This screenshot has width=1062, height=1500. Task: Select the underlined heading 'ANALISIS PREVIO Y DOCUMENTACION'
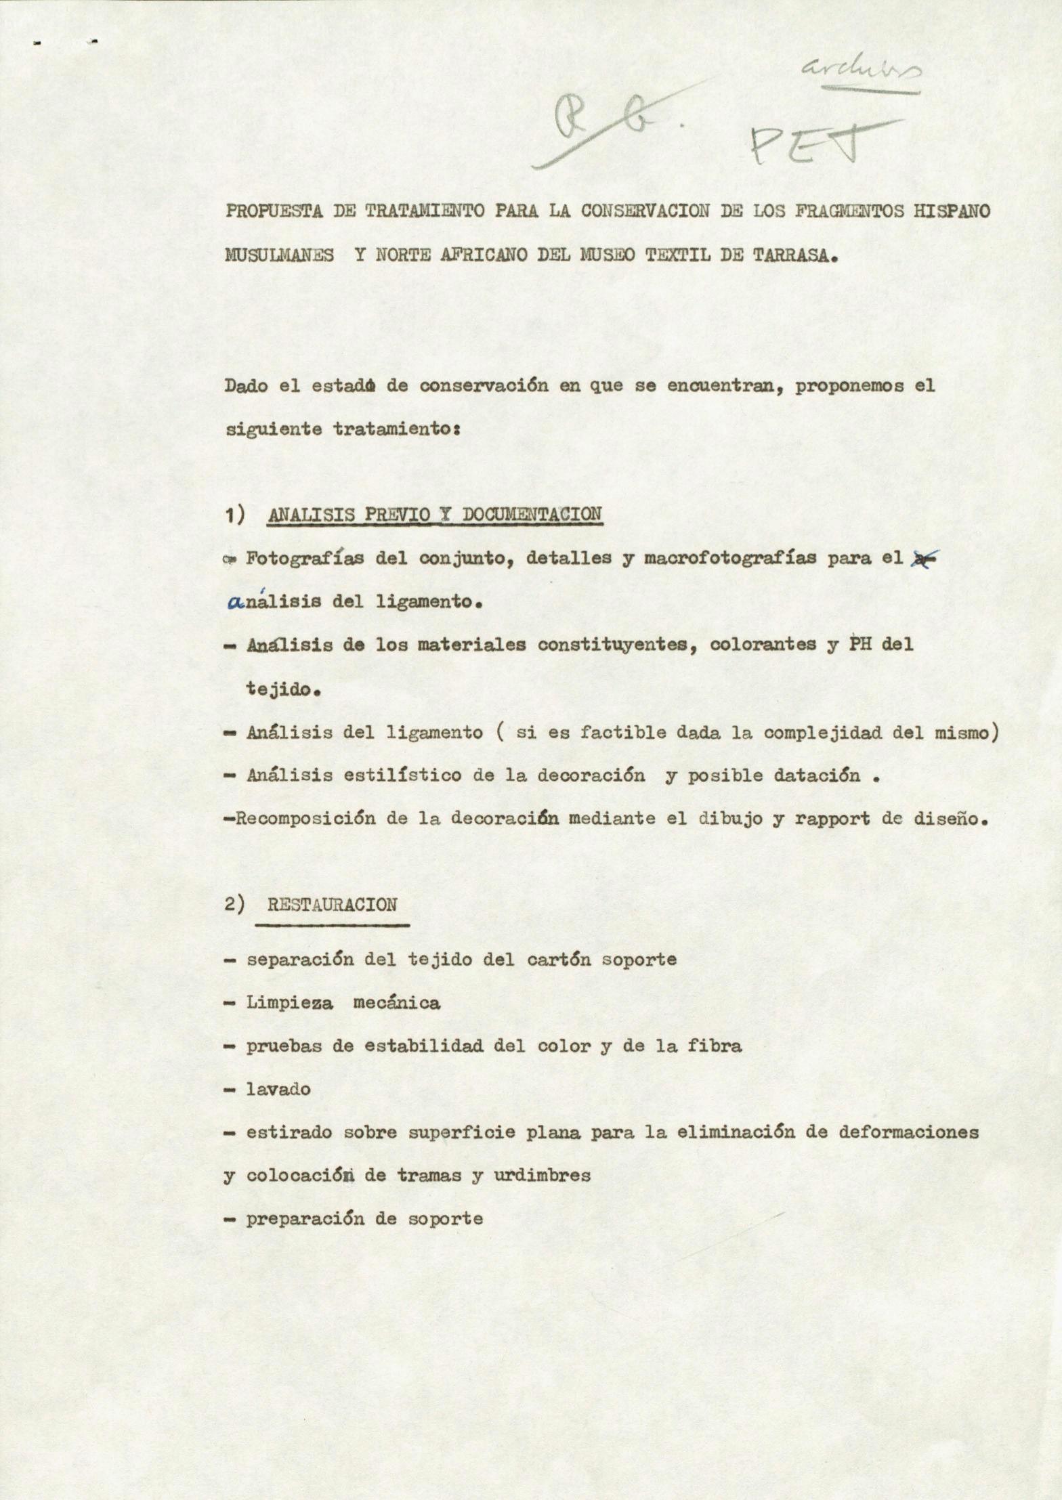(x=434, y=514)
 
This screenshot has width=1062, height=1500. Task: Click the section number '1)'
(x=234, y=515)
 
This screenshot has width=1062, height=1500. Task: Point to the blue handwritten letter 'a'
(x=236, y=601)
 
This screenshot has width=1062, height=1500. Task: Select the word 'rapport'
(x=832, y=819)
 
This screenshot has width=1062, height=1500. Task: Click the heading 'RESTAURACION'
(x=332, y=905)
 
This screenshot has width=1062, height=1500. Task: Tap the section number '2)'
(x=234, y=905)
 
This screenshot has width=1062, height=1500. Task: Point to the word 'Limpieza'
(x=289, y=1002)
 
